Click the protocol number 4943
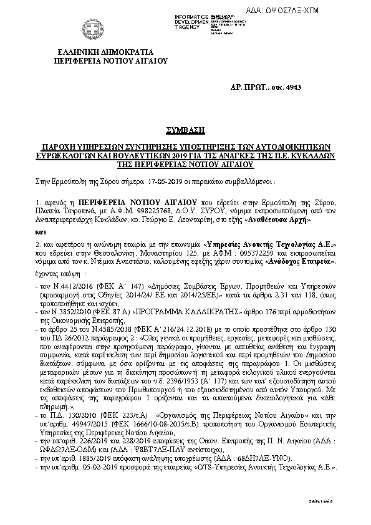(x=273, y=92)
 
